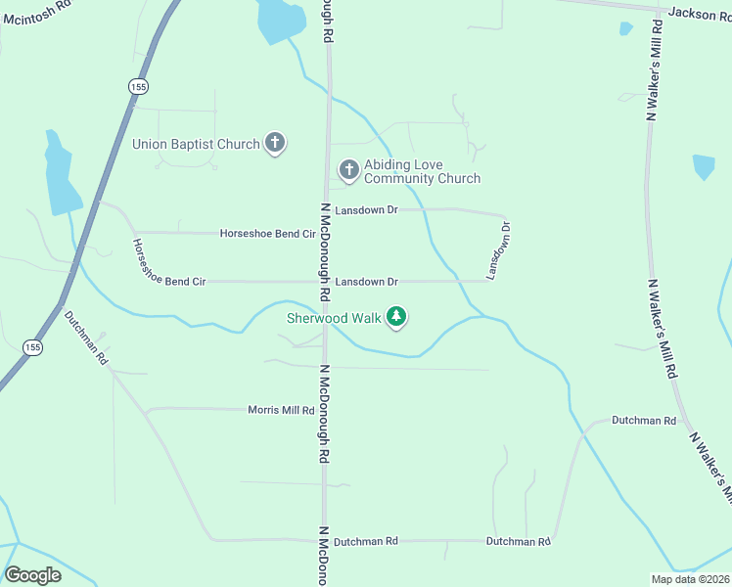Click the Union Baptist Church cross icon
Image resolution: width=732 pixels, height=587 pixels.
275,145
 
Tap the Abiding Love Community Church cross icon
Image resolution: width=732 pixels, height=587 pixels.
348,171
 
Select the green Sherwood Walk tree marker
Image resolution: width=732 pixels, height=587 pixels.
396,317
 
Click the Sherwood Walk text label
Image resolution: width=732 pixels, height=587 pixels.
334,317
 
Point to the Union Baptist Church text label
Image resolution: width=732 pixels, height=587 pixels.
196,145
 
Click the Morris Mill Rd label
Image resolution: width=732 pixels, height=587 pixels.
281,410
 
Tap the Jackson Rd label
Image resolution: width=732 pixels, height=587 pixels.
700,13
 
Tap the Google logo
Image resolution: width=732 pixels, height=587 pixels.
32,575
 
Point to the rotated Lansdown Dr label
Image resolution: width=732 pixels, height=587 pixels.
499,251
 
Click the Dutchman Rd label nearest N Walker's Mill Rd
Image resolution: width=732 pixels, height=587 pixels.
644,421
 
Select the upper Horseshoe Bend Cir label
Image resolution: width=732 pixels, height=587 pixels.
267,234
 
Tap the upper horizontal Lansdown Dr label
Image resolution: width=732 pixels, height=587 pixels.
366,210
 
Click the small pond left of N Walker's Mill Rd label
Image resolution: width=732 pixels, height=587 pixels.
626,28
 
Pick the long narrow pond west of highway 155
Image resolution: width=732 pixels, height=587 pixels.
60,176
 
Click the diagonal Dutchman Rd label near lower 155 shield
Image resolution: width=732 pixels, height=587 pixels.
86,337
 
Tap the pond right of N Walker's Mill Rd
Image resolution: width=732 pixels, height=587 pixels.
704,166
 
